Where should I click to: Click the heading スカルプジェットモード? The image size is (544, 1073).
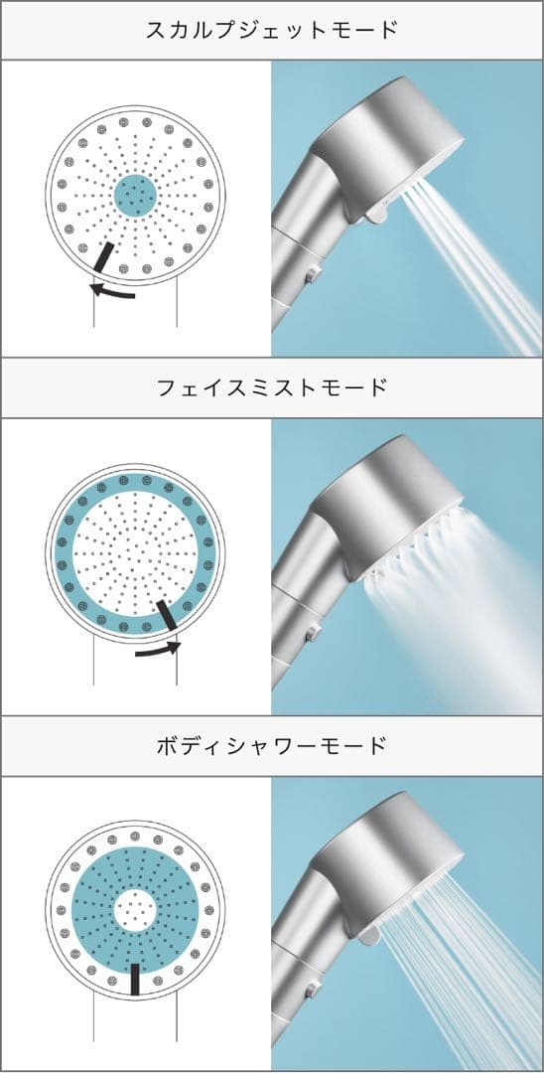point(271,29)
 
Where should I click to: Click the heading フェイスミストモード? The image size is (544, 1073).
point(271,387)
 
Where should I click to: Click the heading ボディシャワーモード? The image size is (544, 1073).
point(271,745)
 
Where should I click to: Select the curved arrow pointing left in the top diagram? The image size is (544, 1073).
point(111,290)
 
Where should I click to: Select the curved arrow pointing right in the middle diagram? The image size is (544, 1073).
point(159,650)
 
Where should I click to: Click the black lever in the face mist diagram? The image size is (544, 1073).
point(167,617)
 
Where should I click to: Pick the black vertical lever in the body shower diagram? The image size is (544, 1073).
point(135,978)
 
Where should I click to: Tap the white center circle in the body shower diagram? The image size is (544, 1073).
point(135,908)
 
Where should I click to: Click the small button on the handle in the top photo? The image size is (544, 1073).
point(312,272)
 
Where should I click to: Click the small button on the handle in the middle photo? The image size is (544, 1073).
point(312,632)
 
